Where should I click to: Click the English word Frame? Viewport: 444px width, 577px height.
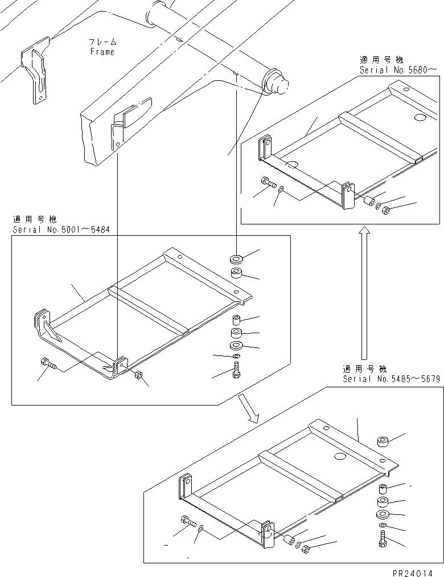pyautogui.click(x=102, y=52)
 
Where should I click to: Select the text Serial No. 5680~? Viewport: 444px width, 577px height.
pyautogui.click(x=398, y=69)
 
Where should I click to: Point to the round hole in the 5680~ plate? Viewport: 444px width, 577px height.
pyautogui.click(x=421, y=118)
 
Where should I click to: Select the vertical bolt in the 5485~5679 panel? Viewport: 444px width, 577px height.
pyautogui.click(x=381, y=538)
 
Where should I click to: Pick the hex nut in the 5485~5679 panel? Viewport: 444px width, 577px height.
pyautogui.click(x=306, y=550)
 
